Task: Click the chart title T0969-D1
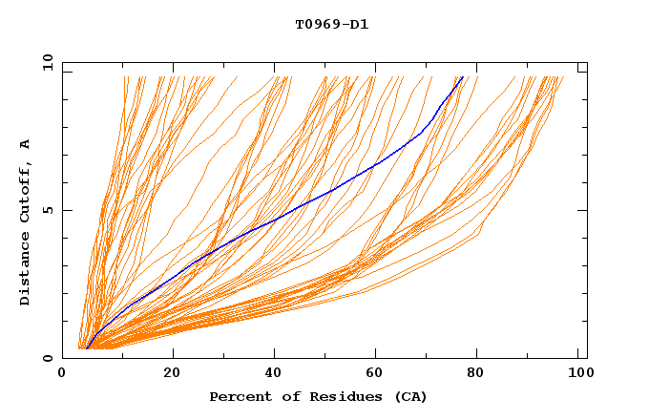pos(331,24)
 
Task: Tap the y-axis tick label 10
pos(46,62)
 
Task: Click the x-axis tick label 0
pos(62,374)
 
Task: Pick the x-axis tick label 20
pos(172,374)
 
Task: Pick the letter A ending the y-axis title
pos(25,144)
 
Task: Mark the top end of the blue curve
pos(463,77)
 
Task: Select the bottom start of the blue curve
pos(87,348)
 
